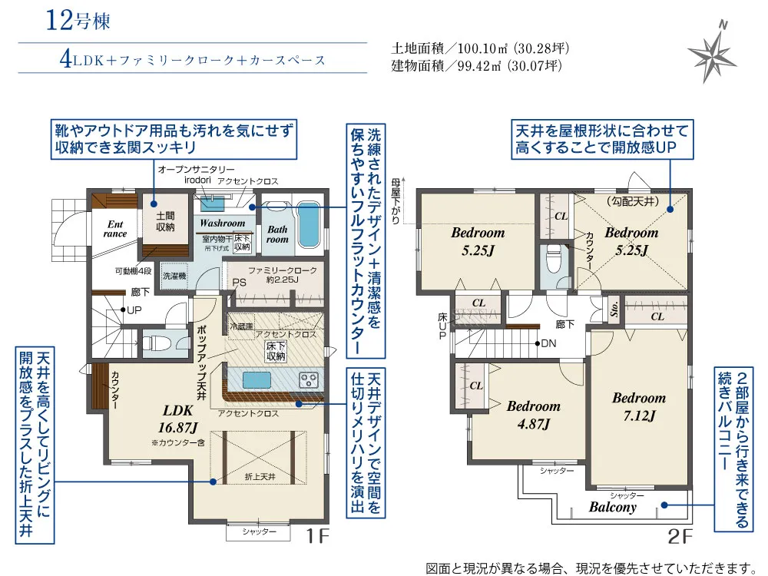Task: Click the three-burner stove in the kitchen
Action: pyautogui.click(x=309, y=379)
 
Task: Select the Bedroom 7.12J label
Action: pyautogui.click(x=638, y=407)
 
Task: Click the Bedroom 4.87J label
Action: pyautogui.click(x=533, y=415)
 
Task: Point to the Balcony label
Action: pyautogui.click(x=613, y=507)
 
